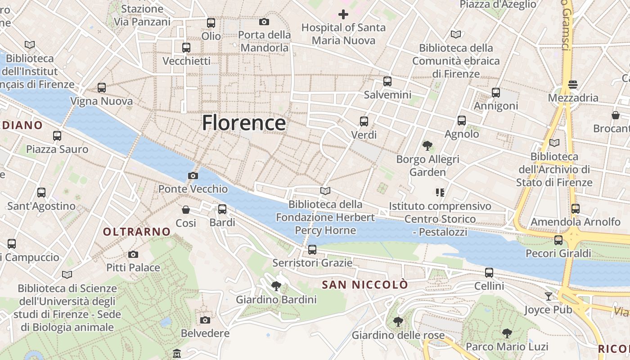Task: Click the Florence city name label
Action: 243,123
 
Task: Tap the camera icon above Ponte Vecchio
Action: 193,175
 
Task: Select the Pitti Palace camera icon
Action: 133,254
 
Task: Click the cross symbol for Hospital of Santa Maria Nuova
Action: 343,14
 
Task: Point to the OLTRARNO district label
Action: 137,232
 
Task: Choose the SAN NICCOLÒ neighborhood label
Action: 365,284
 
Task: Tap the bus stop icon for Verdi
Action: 364,121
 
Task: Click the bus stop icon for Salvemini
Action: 387,81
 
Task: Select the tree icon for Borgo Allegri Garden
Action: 427,146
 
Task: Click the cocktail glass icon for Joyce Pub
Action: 548,296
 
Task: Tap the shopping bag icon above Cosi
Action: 185,210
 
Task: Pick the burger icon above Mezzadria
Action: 573,85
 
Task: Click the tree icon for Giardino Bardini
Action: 276,286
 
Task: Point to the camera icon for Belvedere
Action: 205,320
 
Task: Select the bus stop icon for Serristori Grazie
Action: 312,249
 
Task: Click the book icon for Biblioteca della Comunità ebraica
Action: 456,34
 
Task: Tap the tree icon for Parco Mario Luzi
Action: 507,333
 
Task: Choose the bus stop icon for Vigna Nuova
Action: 102,88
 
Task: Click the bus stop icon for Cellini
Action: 489,273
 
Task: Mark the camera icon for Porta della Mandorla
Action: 264,22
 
